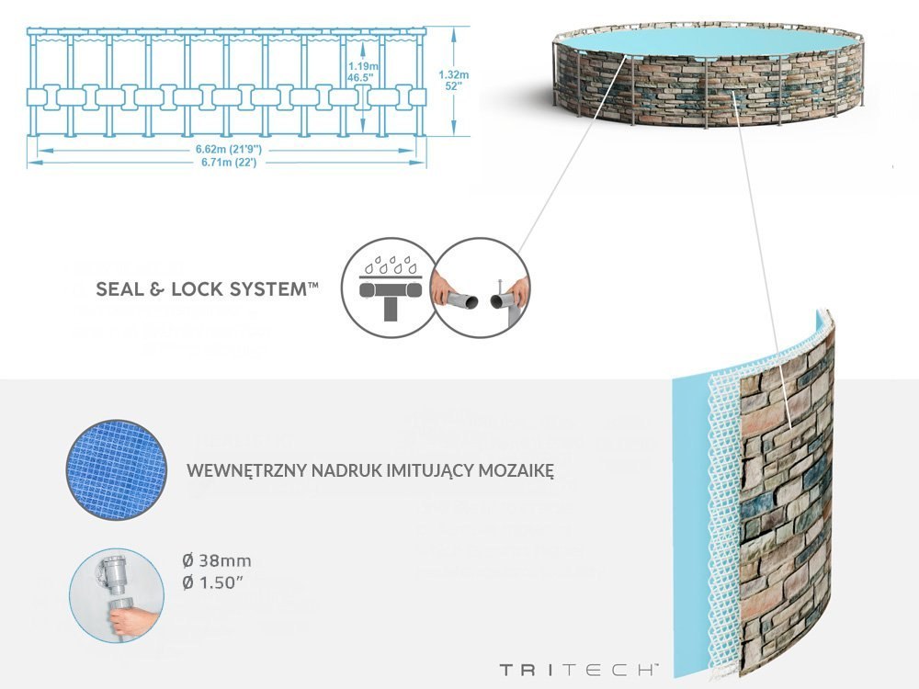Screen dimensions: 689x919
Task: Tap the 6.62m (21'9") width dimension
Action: (x=226, y=149)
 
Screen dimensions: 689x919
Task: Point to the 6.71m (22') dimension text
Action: (x=226, y=162)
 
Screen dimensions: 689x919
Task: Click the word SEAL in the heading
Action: (x=120, y=290)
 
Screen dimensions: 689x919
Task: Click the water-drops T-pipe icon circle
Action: (x=385, y=284)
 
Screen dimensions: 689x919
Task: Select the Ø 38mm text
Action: (x=217, y=560)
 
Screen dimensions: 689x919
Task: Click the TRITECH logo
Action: (x=579, y=669)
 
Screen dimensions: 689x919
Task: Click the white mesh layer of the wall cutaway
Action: (x=722, y=514)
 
